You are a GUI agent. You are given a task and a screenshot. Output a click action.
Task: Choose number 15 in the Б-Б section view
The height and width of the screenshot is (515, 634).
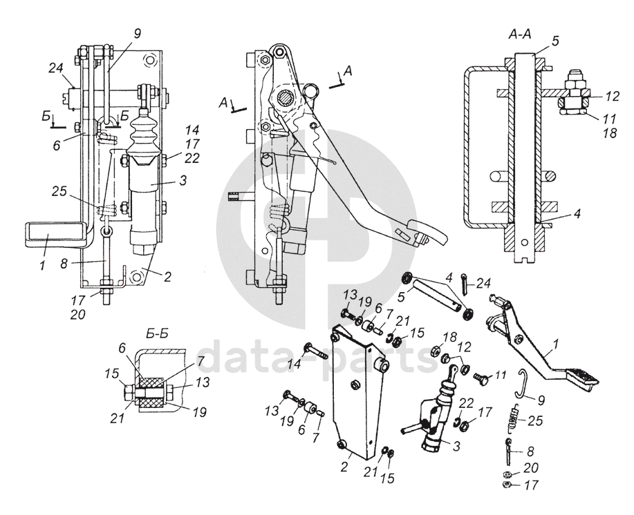111,373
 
